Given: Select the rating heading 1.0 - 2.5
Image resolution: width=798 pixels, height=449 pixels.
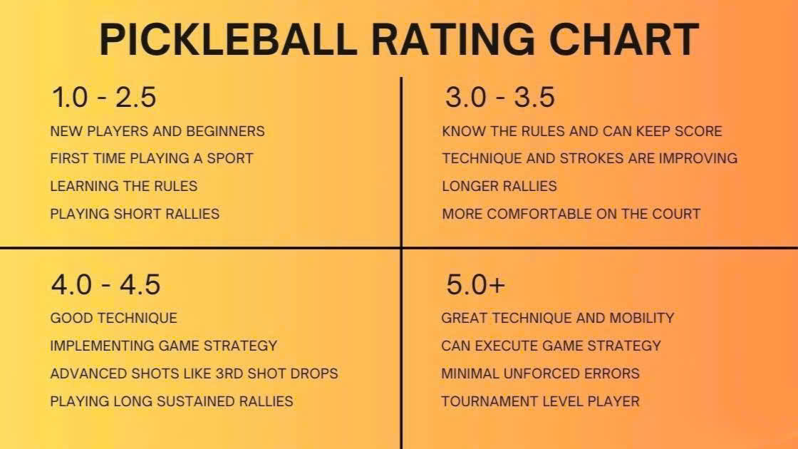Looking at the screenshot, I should pyautogui.click(x=103, y=98).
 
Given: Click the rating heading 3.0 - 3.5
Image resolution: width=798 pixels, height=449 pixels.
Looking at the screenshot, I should pyautogui.click(x=499, y=98).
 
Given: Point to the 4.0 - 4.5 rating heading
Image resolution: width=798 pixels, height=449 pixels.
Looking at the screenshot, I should pyautogui.click(x=105, y=285).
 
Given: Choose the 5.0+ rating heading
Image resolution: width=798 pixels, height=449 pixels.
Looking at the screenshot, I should pyautogui.click(x=475, y=285).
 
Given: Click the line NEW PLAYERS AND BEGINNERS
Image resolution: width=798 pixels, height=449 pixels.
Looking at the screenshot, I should pyautogui.click(x=157, y=132).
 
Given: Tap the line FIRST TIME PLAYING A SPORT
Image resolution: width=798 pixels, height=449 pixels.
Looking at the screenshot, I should pyautogui.click(x=152, y=158).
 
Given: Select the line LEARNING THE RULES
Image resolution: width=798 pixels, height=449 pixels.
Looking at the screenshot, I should pyautogui.click(x=124, y=186).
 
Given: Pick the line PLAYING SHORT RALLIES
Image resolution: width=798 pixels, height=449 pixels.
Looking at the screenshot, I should pyautogui.click(x=135, y=214).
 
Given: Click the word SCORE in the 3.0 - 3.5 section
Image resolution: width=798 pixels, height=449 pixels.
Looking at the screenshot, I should pyautogui.click(x=698, y=132).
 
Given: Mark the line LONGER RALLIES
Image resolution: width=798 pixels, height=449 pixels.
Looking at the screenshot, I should pyautogui.click(x=499, y=186).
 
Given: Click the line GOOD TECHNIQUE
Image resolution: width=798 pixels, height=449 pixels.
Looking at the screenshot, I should pyautogui.click(x=113, y=318).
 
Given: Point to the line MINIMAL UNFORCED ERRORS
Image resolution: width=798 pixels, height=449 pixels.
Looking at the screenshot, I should pyautogui.click(x=540, y=373).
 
